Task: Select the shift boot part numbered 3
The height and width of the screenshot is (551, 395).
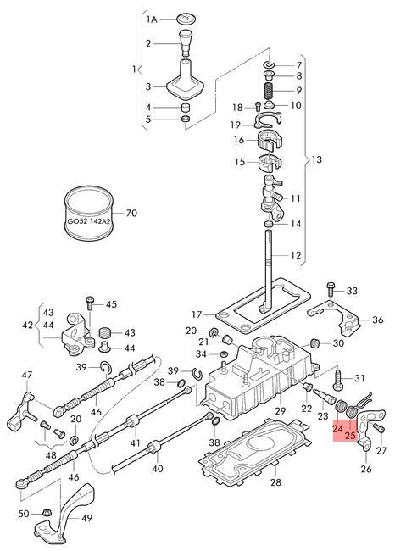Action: pyautogui.click(x=185, y=80)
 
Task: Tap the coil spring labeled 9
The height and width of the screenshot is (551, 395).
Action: pyautogui.click(x=269, y=91)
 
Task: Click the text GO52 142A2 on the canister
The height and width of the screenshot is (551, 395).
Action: pyautogui.click(x=89, y=222)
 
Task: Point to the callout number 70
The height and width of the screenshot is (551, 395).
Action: pyautogui.click(x=131, y=214)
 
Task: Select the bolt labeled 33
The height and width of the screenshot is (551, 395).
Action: pyautogui.click(x=331, y=290)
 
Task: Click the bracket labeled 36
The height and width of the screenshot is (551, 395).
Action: pyautogui.click(x=336, y=318)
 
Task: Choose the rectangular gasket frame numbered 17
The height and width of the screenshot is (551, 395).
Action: pyautogui.click(x=263, y=305)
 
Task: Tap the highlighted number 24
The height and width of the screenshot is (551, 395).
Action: pyautogui.click(x=337, y=428)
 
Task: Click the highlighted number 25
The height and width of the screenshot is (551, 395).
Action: pyautogui.click(x=350, y=436)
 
